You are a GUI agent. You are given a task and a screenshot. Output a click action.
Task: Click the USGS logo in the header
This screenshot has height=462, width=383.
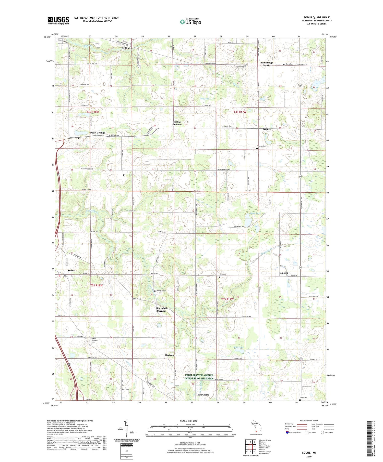coord(58,20)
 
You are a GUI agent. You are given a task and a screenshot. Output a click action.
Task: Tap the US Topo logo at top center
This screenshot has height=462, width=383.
coord(190,22)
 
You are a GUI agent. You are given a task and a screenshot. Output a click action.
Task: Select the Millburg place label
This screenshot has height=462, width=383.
coord(127,48)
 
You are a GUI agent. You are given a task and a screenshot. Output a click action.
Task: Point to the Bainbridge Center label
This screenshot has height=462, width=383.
coord(267,64)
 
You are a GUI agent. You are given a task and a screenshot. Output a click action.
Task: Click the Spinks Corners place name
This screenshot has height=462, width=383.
coord(177,123)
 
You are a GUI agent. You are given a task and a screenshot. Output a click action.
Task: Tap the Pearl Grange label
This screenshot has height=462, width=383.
coord(98,133)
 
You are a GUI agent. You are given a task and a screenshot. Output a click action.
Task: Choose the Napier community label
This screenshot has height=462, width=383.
coord(267,129)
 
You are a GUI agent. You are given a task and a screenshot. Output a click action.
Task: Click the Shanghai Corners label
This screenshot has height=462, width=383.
coord(161,309)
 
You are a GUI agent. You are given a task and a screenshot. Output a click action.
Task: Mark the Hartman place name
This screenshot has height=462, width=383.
coord(170,355)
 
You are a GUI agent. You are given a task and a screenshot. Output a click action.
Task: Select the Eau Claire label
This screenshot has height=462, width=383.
coord(203,395)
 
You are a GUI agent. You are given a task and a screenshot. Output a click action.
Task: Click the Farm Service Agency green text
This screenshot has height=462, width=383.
coord(199,377)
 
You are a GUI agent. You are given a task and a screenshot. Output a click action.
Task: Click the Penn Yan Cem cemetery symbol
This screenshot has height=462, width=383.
coord(257,148)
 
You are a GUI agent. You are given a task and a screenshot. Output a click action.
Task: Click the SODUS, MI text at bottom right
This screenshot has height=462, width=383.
coord(309,453)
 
